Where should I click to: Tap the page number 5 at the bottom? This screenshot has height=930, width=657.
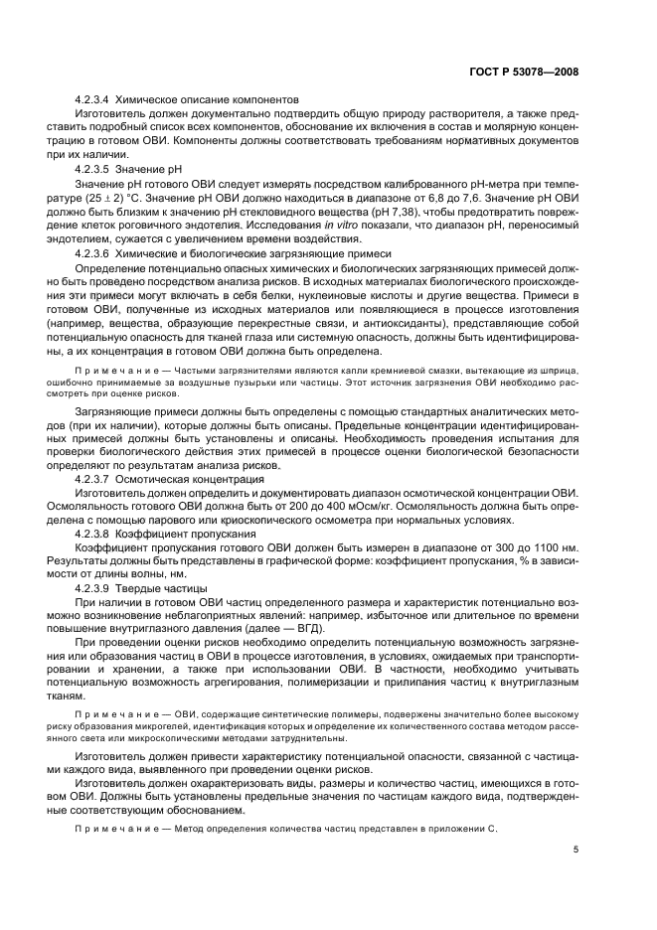pyautogui.click(x=576, y=849)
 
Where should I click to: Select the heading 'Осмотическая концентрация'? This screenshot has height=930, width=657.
pyautogui.click(x=190, y=479)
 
